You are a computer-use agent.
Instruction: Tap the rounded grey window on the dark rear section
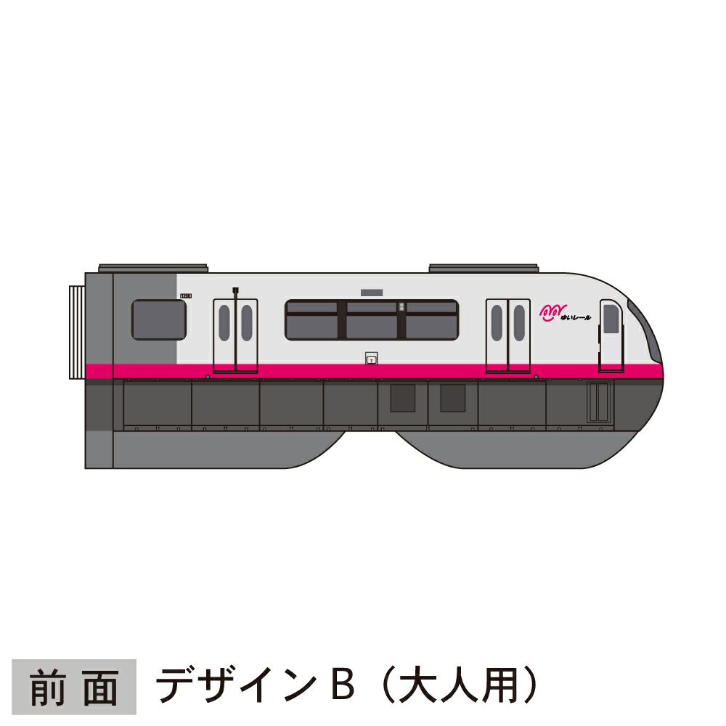click(x=158, y=320)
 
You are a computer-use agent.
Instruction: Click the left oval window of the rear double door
click(x=224, y=322)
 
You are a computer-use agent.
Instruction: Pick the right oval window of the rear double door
click(x=247, y=322)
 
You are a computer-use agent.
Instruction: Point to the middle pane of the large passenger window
click(x=372, y=320)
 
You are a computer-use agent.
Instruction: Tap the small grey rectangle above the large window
click(x=371, y=292)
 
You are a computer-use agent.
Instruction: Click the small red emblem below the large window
click(x=372, y=358)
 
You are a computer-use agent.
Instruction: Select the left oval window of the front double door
click(x=497, y=322)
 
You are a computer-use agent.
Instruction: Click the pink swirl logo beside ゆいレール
click(x=550, y=312)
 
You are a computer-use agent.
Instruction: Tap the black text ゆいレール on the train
click(x=576, y=317)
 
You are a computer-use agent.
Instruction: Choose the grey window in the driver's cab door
click(x=611, y=319)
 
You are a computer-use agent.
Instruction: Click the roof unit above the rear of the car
click(x=154, y=268)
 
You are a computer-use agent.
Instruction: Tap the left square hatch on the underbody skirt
click(x=402, y=399)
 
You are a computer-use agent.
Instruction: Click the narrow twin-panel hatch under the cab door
click(x=599, y=403)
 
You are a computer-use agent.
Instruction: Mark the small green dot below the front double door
click(x=536, y=378)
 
